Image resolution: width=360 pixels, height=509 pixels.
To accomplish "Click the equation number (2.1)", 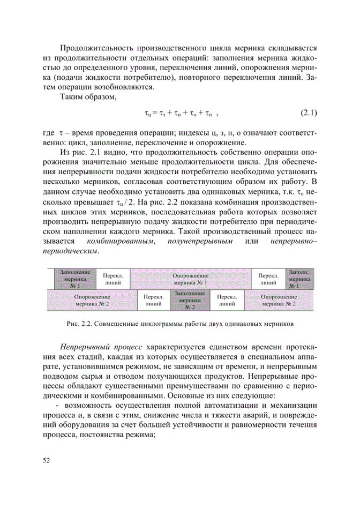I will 308,114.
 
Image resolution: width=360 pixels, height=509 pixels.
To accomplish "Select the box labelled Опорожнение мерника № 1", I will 190,279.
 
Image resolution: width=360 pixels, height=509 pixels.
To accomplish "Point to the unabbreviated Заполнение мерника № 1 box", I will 74,279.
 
